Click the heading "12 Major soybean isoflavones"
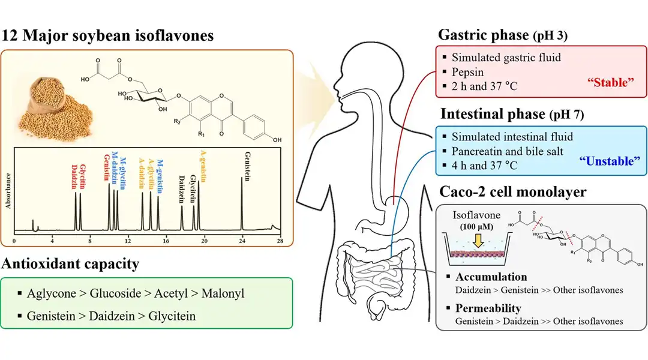click(107, 35)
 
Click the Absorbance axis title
click(8, 190)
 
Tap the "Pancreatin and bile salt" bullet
click(507, 151)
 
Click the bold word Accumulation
click(491, 277)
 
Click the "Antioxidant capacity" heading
click(71, 263)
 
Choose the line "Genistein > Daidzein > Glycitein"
click(111, 316)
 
